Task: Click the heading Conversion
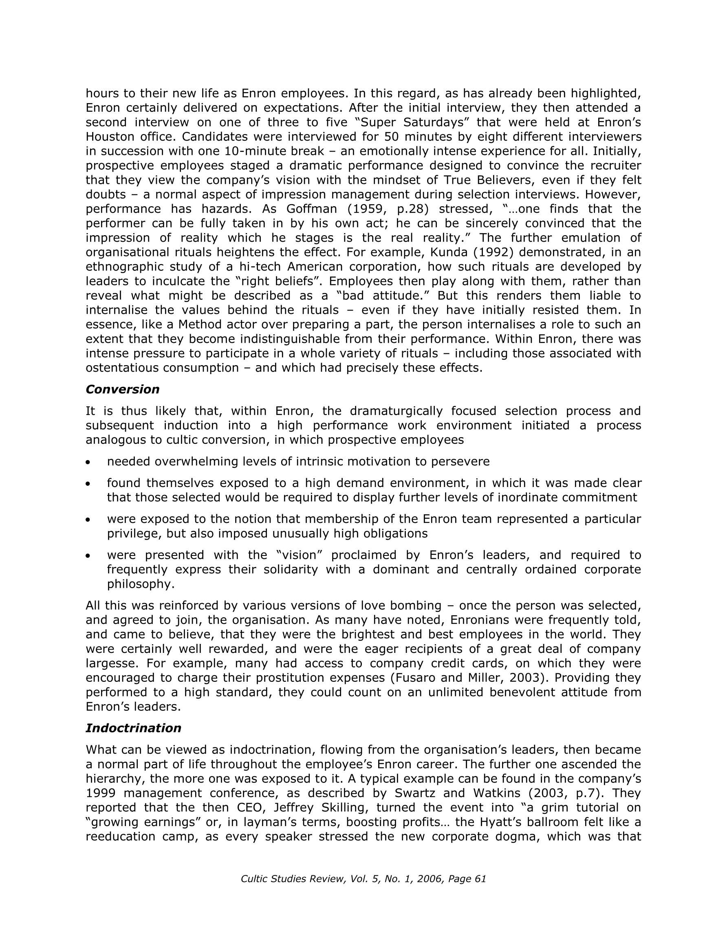122,390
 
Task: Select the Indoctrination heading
133,728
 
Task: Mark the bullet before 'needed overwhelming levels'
88,462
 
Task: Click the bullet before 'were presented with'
88,556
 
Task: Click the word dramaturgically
396,411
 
